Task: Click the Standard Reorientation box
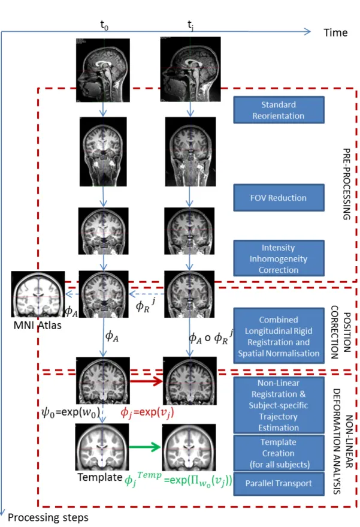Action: coord(279,110)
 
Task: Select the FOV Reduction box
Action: coord(279,198)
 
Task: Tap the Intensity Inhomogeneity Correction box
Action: coord(279,258)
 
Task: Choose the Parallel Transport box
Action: coord(279,484)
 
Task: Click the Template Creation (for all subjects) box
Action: coord(279,453)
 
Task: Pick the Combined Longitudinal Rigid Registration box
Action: coord(279,336)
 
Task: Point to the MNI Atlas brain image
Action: coord(38,294)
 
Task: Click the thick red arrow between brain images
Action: coord(146,381)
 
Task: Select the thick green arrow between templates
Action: coord(145,447)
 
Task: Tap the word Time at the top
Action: coord(335,32)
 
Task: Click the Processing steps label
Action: coord(48,517)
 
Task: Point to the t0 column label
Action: coord(104,25)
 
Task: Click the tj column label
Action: coord(190,25)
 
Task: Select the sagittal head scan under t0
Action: coord(103,70)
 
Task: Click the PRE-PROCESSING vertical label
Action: coord(347,184)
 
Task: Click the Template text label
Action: coord(100,477)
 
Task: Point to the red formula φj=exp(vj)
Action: coord(147,412)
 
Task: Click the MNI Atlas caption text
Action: coord(38,326)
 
